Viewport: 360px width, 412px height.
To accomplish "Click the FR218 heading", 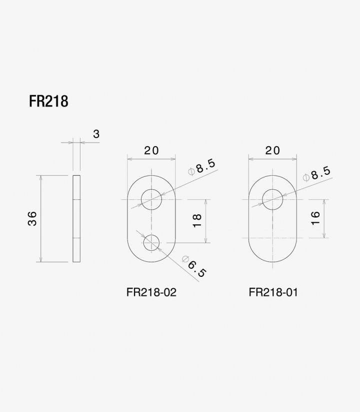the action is (x=48, y=101).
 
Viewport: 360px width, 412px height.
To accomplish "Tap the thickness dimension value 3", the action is (x=96, y=134).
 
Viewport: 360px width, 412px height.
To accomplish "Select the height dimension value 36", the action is (x=32, y=218).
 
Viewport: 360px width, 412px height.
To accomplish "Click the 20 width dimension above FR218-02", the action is (x=151, y=151).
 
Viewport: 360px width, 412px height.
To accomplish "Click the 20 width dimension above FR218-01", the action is (x=272, y=151).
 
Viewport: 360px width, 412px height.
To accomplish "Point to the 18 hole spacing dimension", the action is (x=197, y=221).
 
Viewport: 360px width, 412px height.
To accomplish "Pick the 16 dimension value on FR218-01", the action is (x=315, y=218).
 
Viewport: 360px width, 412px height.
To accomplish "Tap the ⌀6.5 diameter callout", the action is (x=193, y=266).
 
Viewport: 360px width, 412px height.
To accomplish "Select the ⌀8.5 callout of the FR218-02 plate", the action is (x=202, y=167).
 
